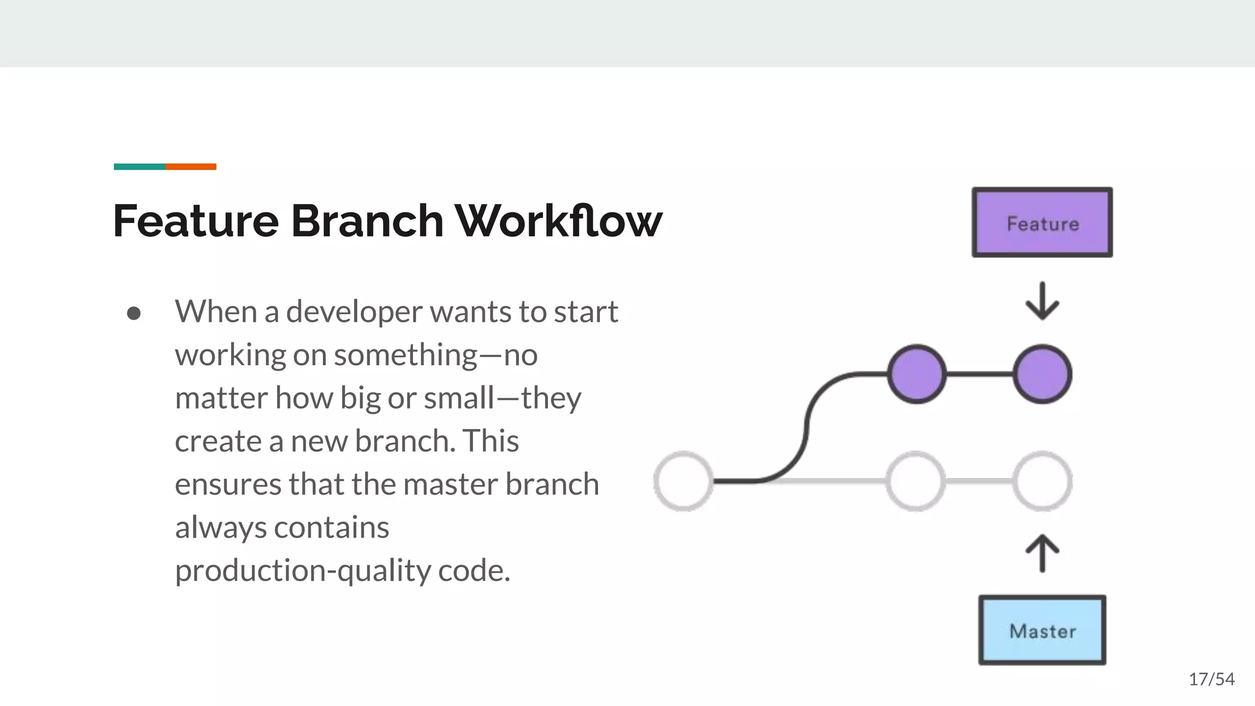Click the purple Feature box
(x=1042, y=222)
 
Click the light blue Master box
(x=1042, y=630)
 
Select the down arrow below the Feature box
(x=1042, y=301)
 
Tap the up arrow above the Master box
(x=1042, y=553)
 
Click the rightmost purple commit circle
(x=1042, y=374)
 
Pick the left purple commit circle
(x=917, y=374)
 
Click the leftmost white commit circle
(x=683, y=481)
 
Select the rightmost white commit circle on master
(x=1042, y=481)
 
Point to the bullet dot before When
(x=134, y=314)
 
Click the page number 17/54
(x=1211, y=679)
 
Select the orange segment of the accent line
(x=191, y=167)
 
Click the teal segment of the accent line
(x=139, y=167)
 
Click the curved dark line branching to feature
(x=806, y=429)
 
